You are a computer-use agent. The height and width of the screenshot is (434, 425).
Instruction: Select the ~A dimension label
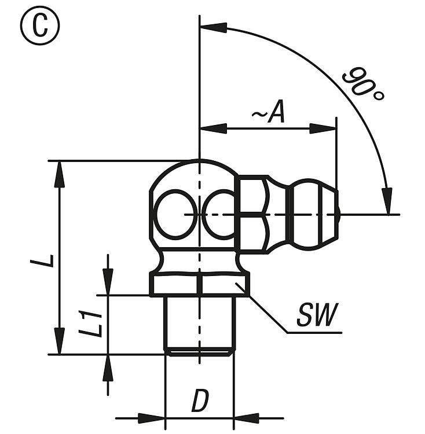pyautogui.click(x=269, y=113)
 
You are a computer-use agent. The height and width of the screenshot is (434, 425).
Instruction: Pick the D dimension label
pyautogui.click(x=200, y=401)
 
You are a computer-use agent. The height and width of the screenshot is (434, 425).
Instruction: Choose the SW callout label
pyautogui.click(x=317, y=316)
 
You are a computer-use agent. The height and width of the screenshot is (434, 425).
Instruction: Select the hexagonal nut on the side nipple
pyautogui.click(x=254, y=214)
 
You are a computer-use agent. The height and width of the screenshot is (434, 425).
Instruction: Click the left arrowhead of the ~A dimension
pyautogui.click(x=213, y=128)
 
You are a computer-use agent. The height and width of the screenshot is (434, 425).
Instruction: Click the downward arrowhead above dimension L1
pyautogui.click(x=108, y=282)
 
